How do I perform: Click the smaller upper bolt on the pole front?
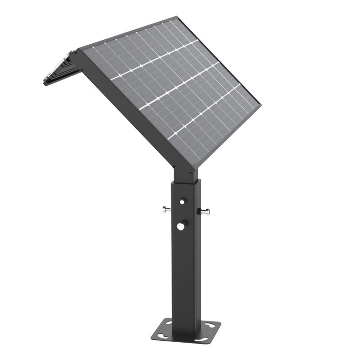click(182, 202)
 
